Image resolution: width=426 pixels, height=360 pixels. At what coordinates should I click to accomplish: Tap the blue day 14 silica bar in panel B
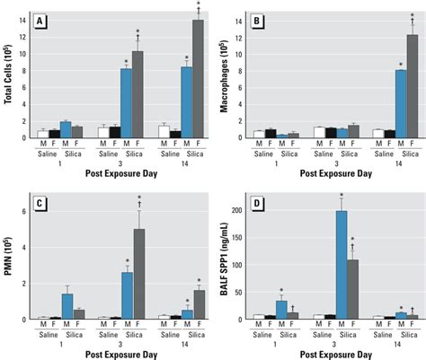[x=400, y=103]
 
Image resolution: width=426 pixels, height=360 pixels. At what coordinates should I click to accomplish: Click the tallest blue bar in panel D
[x=341, y=265]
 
